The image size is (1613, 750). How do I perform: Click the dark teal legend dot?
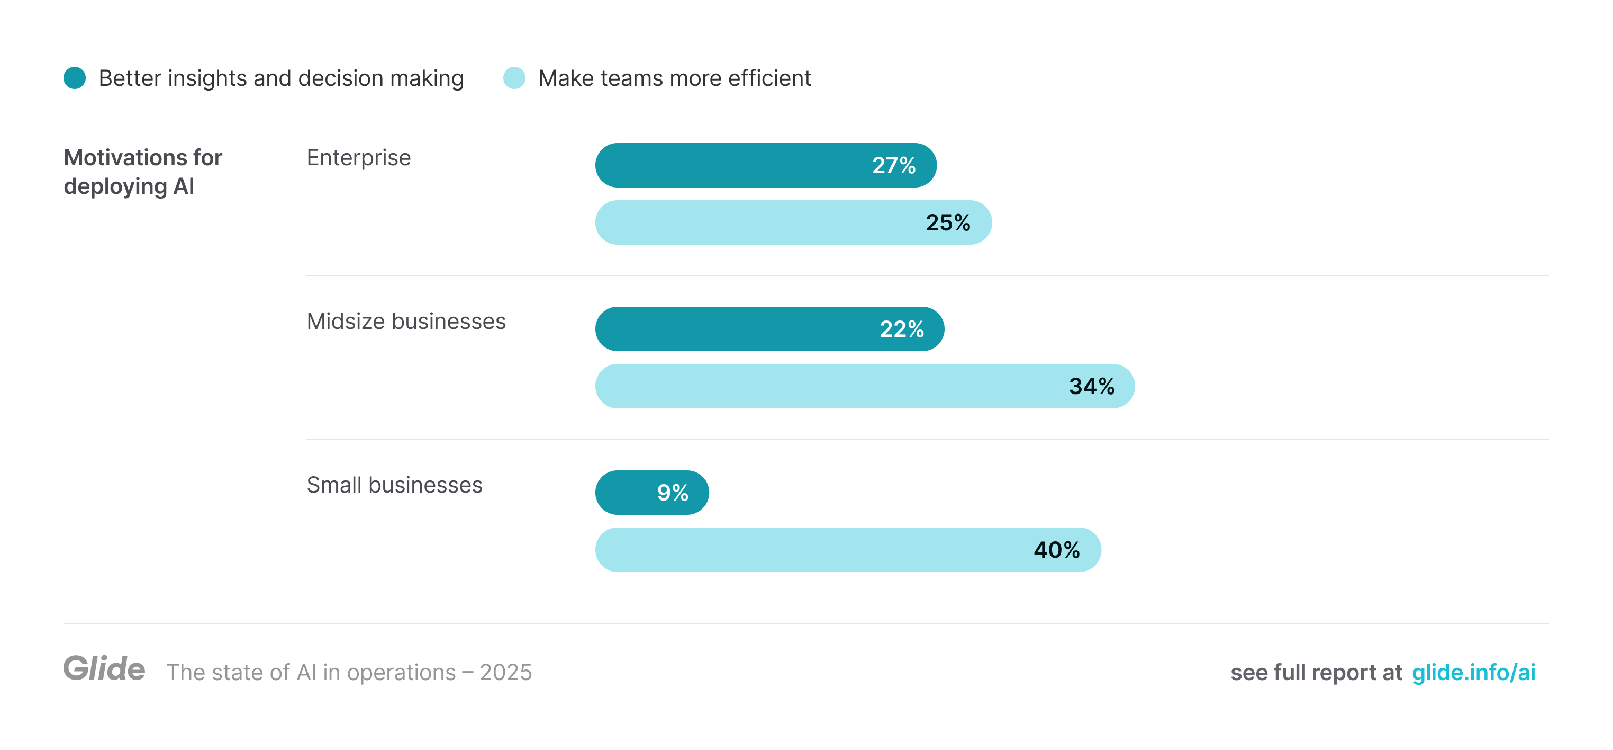tap(75, 78)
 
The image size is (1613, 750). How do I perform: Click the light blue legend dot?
tap(514, 78)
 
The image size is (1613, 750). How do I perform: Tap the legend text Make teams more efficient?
tap(674, 78)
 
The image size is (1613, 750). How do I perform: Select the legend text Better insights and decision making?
tap(281, 78)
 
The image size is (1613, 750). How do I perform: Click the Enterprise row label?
tap(359, 157)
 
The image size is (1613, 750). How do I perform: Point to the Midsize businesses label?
tap(406, 321)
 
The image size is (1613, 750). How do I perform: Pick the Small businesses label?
tap(394, 485)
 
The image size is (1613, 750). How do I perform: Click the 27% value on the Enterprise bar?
tap(893, 165)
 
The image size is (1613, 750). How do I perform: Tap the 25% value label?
tap(947, 222)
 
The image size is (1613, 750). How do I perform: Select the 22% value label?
tap(902, 329)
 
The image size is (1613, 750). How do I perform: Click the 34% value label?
tap(1091, 386)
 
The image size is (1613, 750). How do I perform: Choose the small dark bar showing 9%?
tap(652, 493)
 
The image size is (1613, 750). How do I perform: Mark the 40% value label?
tap(1056, 549)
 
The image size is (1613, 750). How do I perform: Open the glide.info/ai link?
tap(1473, 672)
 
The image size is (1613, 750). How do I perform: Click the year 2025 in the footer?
tap(506, 672)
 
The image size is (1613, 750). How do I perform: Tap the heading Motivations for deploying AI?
tap(143, 172)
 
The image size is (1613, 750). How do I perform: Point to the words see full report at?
tap(1316, 672)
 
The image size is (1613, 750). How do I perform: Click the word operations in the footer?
tap(401, 672)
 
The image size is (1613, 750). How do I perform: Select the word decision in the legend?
tap(341, 78)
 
